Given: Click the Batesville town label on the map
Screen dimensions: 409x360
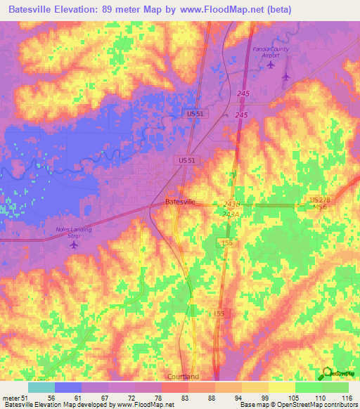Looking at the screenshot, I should (180, 202).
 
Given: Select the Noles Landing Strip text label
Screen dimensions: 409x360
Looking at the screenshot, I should (74, 232).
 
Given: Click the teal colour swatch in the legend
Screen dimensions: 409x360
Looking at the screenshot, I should (41, 387).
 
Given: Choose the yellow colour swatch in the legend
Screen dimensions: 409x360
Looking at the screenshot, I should (282, 387).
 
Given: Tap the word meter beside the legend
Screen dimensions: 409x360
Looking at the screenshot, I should (11, 397).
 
